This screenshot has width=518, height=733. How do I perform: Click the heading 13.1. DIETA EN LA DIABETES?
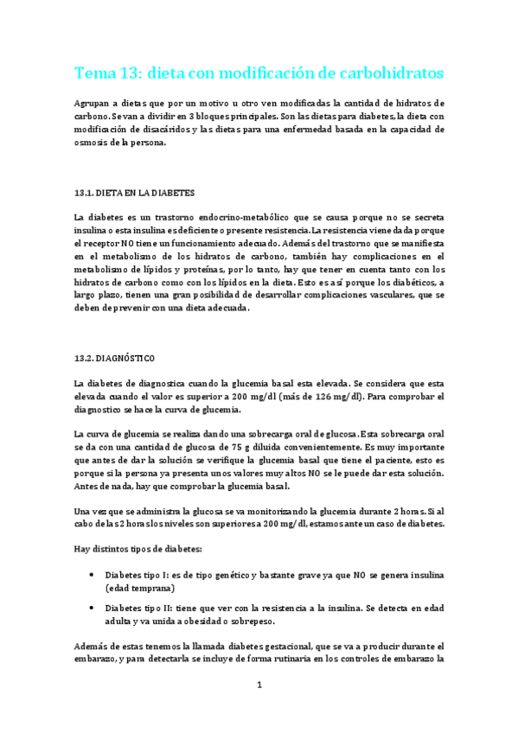click(x=134, y=192)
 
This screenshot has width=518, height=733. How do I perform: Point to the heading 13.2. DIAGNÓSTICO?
click(x=117, y=357)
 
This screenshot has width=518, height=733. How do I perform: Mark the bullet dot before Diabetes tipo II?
click(x=93, y=608)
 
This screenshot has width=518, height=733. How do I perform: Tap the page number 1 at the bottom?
click(x=259, y=685)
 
